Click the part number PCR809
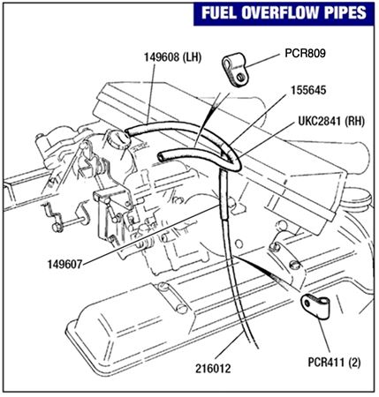click(x=305, y=53)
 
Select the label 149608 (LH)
click(x=172, y=57)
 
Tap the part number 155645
click(x=308, y=90)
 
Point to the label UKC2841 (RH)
click(x=331, y=121)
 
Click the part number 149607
click(x=64, y=265)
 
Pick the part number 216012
click(x=213, y=369)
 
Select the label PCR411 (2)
click(x=334, y=362)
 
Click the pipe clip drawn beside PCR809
click(x=236, y=70)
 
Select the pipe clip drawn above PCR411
click(x=315, y=306)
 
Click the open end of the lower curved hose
click(x=162, y=157)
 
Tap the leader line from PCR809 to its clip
click(x=262, y=61)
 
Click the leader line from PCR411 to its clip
click(x=324, y=336)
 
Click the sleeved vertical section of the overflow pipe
click(x=224, y=195)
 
